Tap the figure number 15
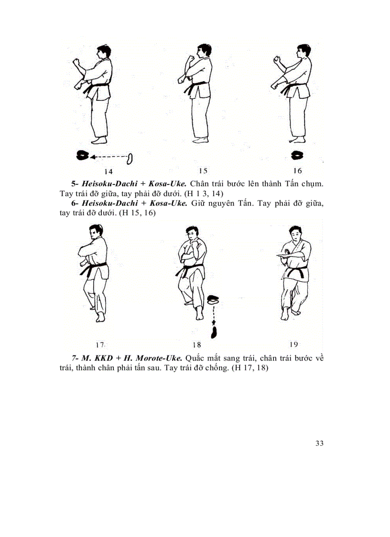pos(203,171)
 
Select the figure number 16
pos(298,171)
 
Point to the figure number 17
pos(99,344)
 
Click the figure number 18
pos(196,344)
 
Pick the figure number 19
pos(294,344)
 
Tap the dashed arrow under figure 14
pos(110,156)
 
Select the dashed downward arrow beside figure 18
pos(214,316)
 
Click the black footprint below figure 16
pos(299,155)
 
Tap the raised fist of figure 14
pos(76,64)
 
